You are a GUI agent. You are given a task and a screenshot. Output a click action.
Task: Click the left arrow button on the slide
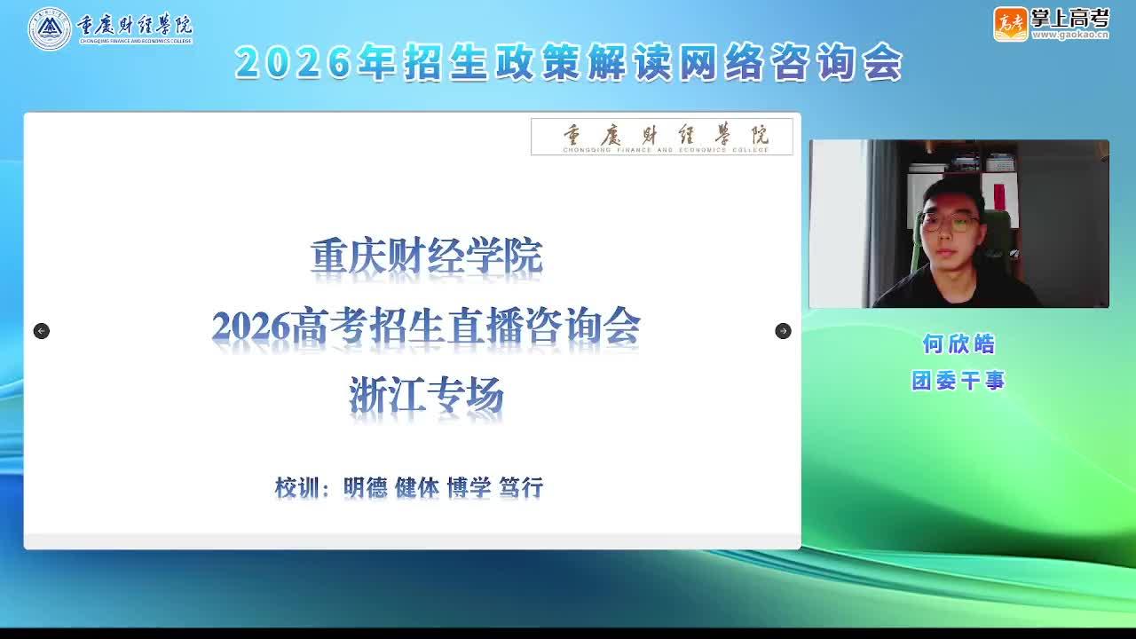(x=42, y=331)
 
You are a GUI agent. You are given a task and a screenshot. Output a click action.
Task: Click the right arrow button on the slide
(x=783, y=331)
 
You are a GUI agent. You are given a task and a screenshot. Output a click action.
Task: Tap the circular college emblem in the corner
(x=49, y=29)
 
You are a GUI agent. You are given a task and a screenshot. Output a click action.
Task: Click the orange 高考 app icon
(x=1010, y=24)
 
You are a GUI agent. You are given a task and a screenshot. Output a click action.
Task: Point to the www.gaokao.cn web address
(x=1070, y=35)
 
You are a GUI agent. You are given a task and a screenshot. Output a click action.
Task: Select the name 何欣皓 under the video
(x=958, y=343)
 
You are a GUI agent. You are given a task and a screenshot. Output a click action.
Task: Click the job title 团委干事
(x=958, y=381)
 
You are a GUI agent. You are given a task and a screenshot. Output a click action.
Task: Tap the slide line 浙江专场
(x=426, y=396)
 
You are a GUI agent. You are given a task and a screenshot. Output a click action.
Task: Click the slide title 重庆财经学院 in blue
(x=426, y=256)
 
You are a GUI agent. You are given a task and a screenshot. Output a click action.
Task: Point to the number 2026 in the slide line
(x=251, y=326)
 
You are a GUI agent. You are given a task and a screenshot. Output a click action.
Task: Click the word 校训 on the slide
(x=297, y=487)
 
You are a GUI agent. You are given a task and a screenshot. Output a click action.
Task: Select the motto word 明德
(x=366, y=487)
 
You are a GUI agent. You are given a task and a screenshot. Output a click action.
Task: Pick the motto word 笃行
(x=521, y=487)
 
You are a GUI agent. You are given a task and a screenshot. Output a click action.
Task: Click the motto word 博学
(x=469, y=487)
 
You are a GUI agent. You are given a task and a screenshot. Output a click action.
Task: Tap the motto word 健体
(x=417, y=487)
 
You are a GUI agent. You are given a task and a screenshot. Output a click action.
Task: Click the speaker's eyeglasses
(x=950, y=222)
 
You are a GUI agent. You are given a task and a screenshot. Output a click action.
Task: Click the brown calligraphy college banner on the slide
(x=662, y=137)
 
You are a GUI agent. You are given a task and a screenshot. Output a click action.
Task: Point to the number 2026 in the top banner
(x=294, y=63)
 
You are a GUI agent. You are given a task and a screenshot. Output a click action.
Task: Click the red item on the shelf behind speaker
(x=999, y=197)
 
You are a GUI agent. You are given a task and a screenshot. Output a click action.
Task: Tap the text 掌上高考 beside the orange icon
(x=1070, y=20)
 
